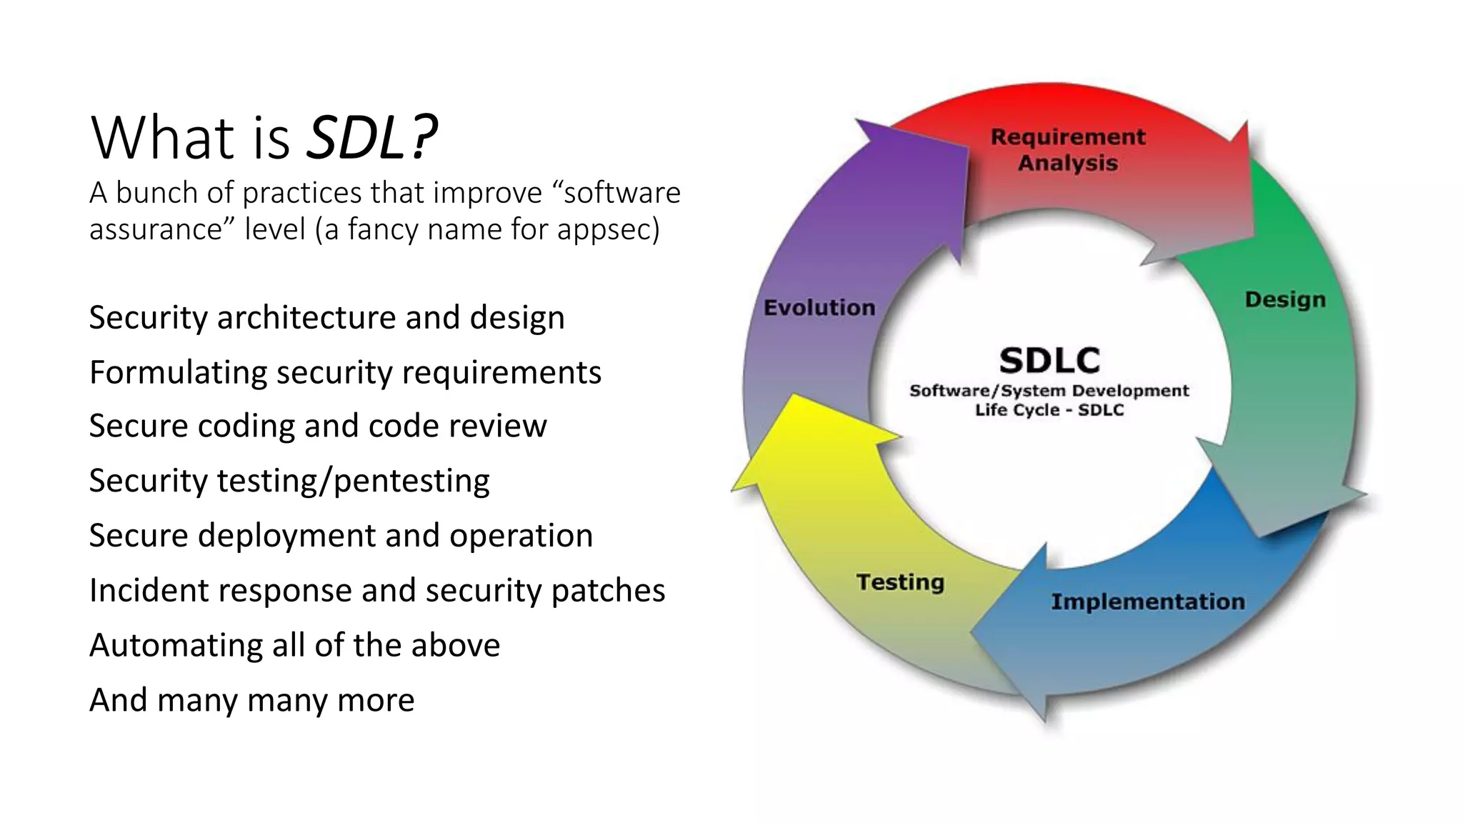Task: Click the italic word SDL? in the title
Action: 371,137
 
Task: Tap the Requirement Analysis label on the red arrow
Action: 1067,149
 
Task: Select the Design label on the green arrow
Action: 1284,299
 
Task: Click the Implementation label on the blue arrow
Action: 1147,602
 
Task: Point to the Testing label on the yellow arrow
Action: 900,582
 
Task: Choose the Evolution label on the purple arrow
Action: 819,308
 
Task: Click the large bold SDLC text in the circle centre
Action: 1049,360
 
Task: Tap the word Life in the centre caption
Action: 991,410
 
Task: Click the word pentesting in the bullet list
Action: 411,481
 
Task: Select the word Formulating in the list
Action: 178,373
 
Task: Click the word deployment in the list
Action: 286,536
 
